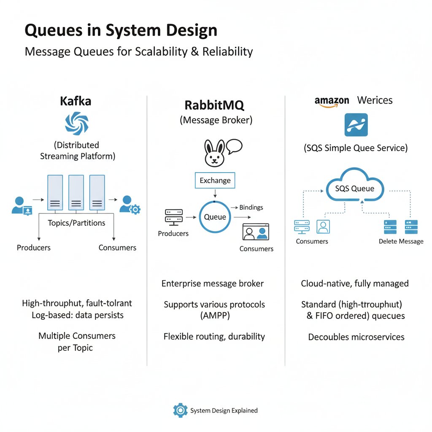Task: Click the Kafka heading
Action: pos(76,101)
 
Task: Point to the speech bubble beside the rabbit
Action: pos(234,146)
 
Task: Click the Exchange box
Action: pos(215,181)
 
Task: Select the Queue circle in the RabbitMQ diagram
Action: pos(215,217)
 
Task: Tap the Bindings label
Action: pos(251,207)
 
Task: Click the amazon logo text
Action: pos(332,100)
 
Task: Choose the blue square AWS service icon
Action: pos(356,125)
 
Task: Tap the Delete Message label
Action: pos(401,241)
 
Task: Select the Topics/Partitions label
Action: pos(76,223)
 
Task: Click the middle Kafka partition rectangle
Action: pos(76,193)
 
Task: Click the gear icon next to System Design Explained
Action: pos(180,410)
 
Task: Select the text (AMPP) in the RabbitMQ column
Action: pos(214,316)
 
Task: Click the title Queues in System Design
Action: pos(121,31)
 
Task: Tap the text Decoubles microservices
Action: pos(356,337)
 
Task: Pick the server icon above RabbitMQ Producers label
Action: pos(173,217)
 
